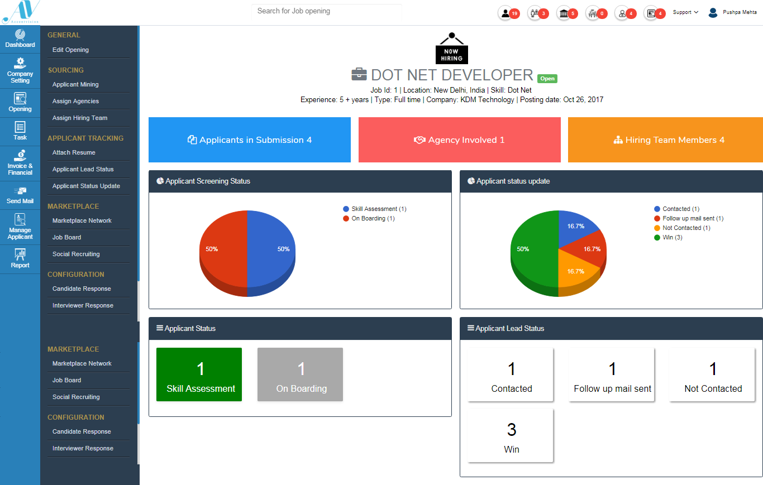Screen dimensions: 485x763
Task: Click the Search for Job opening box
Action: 326,11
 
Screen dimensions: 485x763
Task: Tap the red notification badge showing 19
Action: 514,13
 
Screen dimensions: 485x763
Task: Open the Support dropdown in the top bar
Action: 685,12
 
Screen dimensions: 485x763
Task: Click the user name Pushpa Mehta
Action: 740,12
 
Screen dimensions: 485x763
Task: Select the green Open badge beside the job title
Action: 547,79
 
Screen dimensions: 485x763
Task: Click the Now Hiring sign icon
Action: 451,49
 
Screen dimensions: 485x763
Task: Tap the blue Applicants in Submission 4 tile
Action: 250,140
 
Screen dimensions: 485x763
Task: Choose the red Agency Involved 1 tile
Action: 459,140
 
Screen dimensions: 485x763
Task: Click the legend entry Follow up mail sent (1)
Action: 693,218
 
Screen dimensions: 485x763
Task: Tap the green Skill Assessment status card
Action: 199,374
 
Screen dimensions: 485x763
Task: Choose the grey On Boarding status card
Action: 300,374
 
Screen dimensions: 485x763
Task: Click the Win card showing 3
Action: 511,435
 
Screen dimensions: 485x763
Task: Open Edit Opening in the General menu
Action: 70,50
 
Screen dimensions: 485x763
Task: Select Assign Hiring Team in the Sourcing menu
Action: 80,118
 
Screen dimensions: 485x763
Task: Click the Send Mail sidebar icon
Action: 20,195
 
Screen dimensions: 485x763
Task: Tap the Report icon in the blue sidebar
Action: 20,259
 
